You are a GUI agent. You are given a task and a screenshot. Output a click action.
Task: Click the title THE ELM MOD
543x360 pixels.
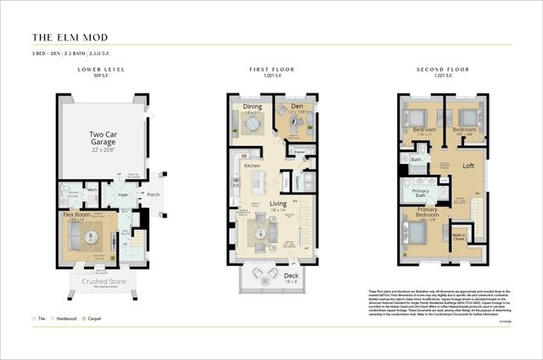[70, 37]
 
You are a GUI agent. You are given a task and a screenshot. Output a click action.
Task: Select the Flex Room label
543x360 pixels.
[77, 213]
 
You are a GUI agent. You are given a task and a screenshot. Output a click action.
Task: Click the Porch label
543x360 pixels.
[153, 194]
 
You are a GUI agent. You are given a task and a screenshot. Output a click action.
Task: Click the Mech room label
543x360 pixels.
[92, 189]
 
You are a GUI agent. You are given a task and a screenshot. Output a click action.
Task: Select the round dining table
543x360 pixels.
[252, 123]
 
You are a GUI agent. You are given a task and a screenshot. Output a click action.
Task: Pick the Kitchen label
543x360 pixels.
[252, 166]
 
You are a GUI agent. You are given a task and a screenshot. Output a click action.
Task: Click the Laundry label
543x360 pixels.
[297, 180]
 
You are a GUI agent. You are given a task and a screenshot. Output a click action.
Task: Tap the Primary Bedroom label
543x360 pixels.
[427, 212]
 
